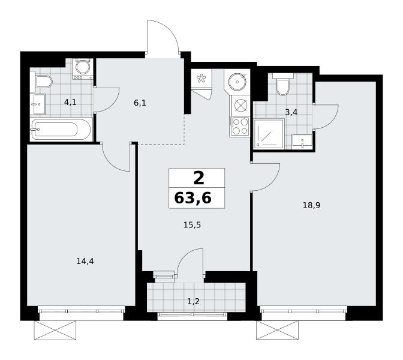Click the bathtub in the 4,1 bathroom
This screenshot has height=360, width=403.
click(x=61, y=129)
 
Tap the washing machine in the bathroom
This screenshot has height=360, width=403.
click(x=83, y=68)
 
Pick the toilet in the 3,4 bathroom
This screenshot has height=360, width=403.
click(x=282, y=85)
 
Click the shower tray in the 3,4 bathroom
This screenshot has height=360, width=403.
click(x=269, y=134)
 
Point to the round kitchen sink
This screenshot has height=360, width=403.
click(x=237, y=82)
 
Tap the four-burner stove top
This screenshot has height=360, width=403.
click(x=240, y=126)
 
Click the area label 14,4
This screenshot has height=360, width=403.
click(x=85, y=261)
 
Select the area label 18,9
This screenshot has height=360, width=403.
click(x=311, y=205)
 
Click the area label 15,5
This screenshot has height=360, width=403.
click(x=192, y=225)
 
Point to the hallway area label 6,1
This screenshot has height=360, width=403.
click(x=140, y=103)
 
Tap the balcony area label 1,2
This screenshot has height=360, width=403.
click(x=193, y=301)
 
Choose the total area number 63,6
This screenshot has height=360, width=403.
click(x=193, y=198)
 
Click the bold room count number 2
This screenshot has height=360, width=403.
click(x=199, y=178)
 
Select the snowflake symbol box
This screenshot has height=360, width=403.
click(x=201, y=79)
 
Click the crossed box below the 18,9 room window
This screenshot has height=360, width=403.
click(x=277, y=330)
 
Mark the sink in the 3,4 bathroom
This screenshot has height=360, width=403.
click(x=302, y=141)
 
